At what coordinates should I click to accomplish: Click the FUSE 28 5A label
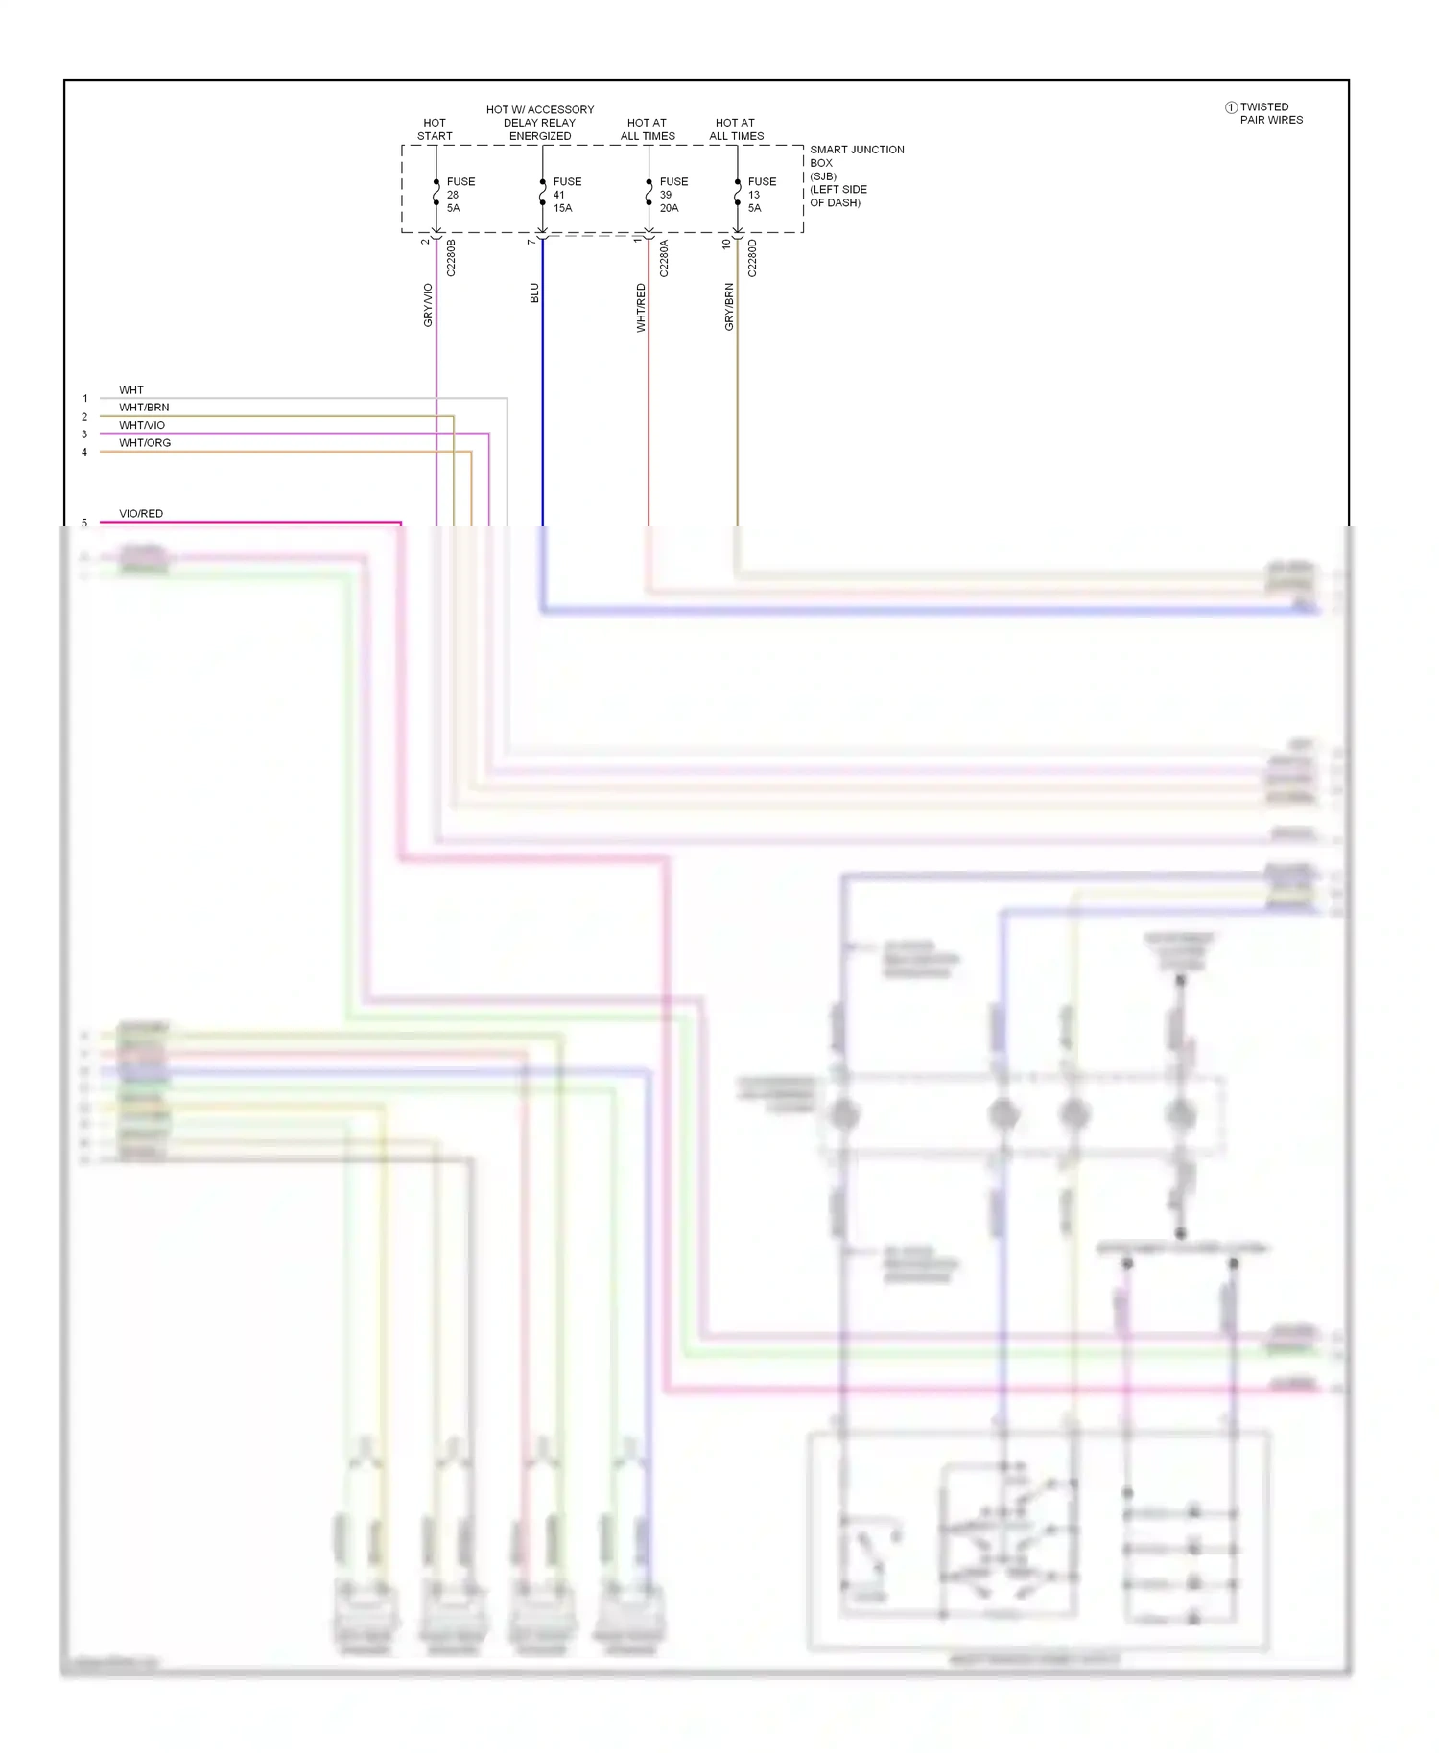[x=460, y=195]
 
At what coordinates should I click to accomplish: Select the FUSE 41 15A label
[x=566, y=195]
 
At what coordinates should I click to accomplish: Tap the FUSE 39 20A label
[x=672, y=195]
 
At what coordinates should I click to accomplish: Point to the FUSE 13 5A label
[x=761, y=195]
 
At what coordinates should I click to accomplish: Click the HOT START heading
[x=435, y=129]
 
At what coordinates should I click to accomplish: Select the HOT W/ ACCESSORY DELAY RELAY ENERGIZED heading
[x=540, y=123]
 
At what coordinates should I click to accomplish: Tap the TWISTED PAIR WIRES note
[x=1270, y=113]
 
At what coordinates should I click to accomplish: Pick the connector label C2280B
[x=452, y=258]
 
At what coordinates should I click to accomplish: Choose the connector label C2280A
[x=664, y=258]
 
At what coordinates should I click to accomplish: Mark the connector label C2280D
[x=752, y=258]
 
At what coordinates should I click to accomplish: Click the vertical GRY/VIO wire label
[x=428, y=305]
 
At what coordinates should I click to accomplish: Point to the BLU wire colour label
[x=534, y=292]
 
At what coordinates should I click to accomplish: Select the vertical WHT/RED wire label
[x=641, y=308]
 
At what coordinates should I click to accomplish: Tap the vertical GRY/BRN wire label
[x=729, y=307]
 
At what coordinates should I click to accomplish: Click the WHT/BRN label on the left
[x=144, y=408]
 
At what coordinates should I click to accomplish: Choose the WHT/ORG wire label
[x=145, y=443]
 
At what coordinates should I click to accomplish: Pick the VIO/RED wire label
[x=141, y=514]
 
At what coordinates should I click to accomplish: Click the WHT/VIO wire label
[x=142, y=425]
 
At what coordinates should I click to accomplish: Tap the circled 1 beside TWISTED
[x=1231, y=107]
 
